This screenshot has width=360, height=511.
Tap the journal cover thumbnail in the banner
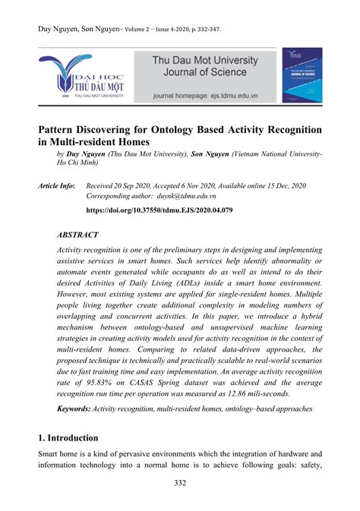[x=302, y=75]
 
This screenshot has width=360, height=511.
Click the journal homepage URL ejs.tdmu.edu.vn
[x=235, y=97]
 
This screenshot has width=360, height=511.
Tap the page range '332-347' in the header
[x=206, y=30]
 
